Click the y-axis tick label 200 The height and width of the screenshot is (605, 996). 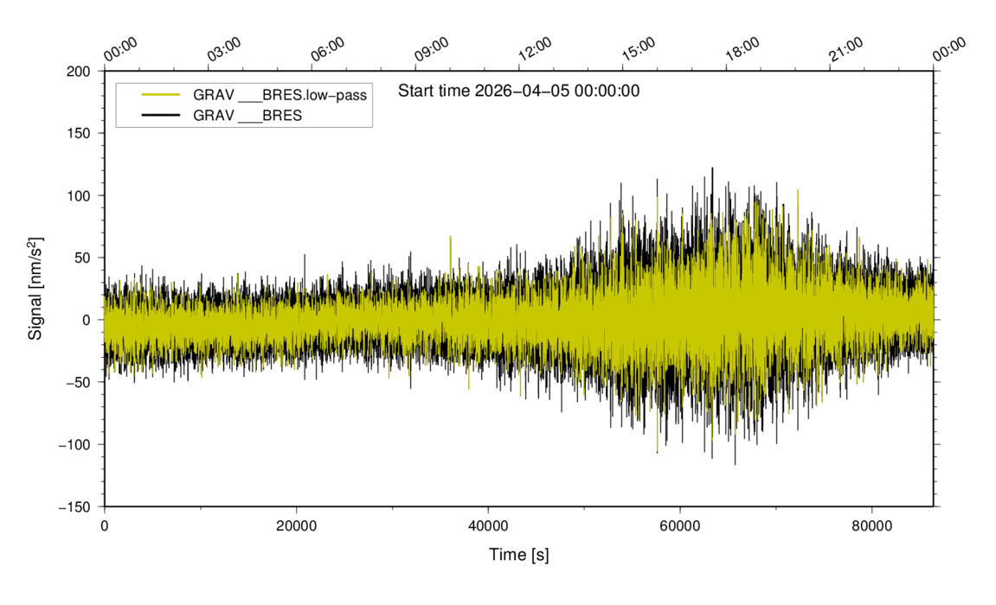click(x=79, y=71)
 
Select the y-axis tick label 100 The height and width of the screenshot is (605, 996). click(x=79, y=195)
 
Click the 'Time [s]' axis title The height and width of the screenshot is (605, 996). click(x=518, y=554)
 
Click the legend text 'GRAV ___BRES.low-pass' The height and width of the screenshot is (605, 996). click(x=280, y=95)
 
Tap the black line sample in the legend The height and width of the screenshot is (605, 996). click(x=160, y=115)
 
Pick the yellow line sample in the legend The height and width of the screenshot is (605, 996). click(x=160, y=95)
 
